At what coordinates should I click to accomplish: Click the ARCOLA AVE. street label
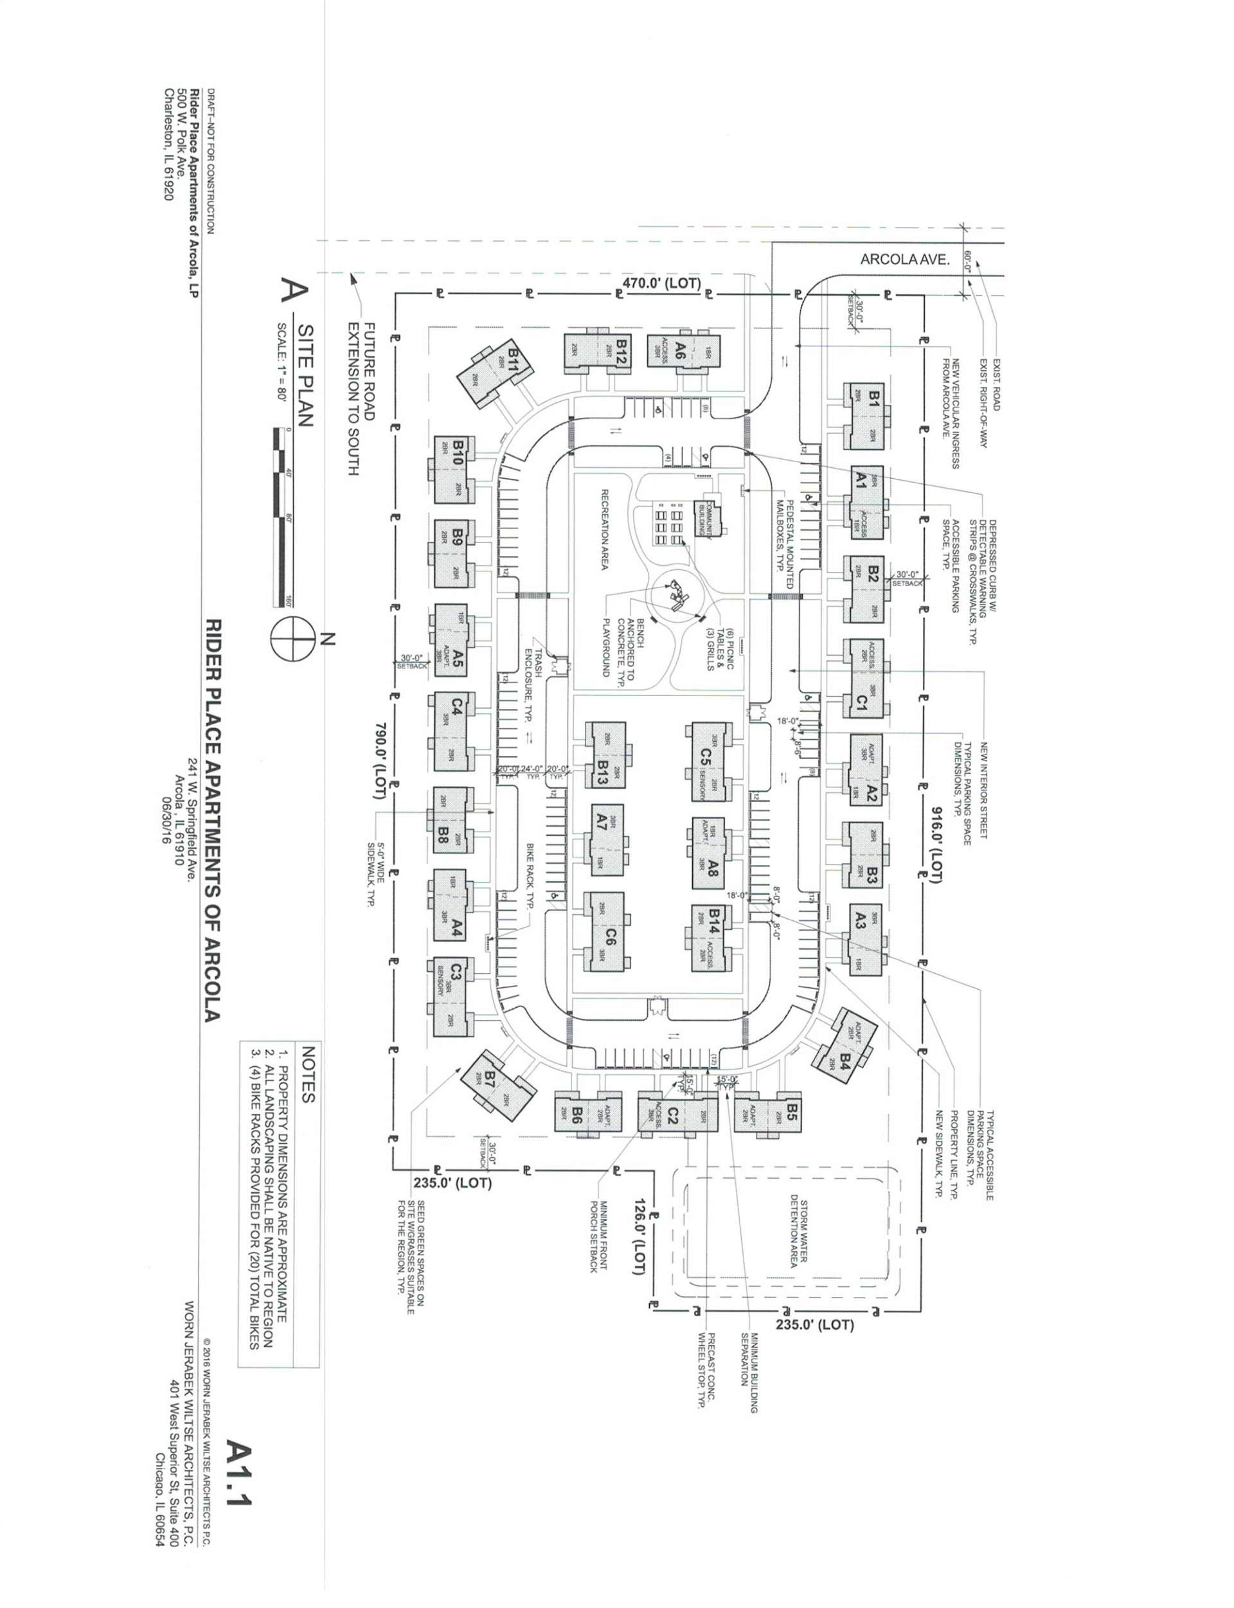(x=905, y=259)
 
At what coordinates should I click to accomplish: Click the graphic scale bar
(x=277, y=518)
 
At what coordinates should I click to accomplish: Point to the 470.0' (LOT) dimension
(x=662, y=282)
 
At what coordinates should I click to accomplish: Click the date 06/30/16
(x=166, y=808)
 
